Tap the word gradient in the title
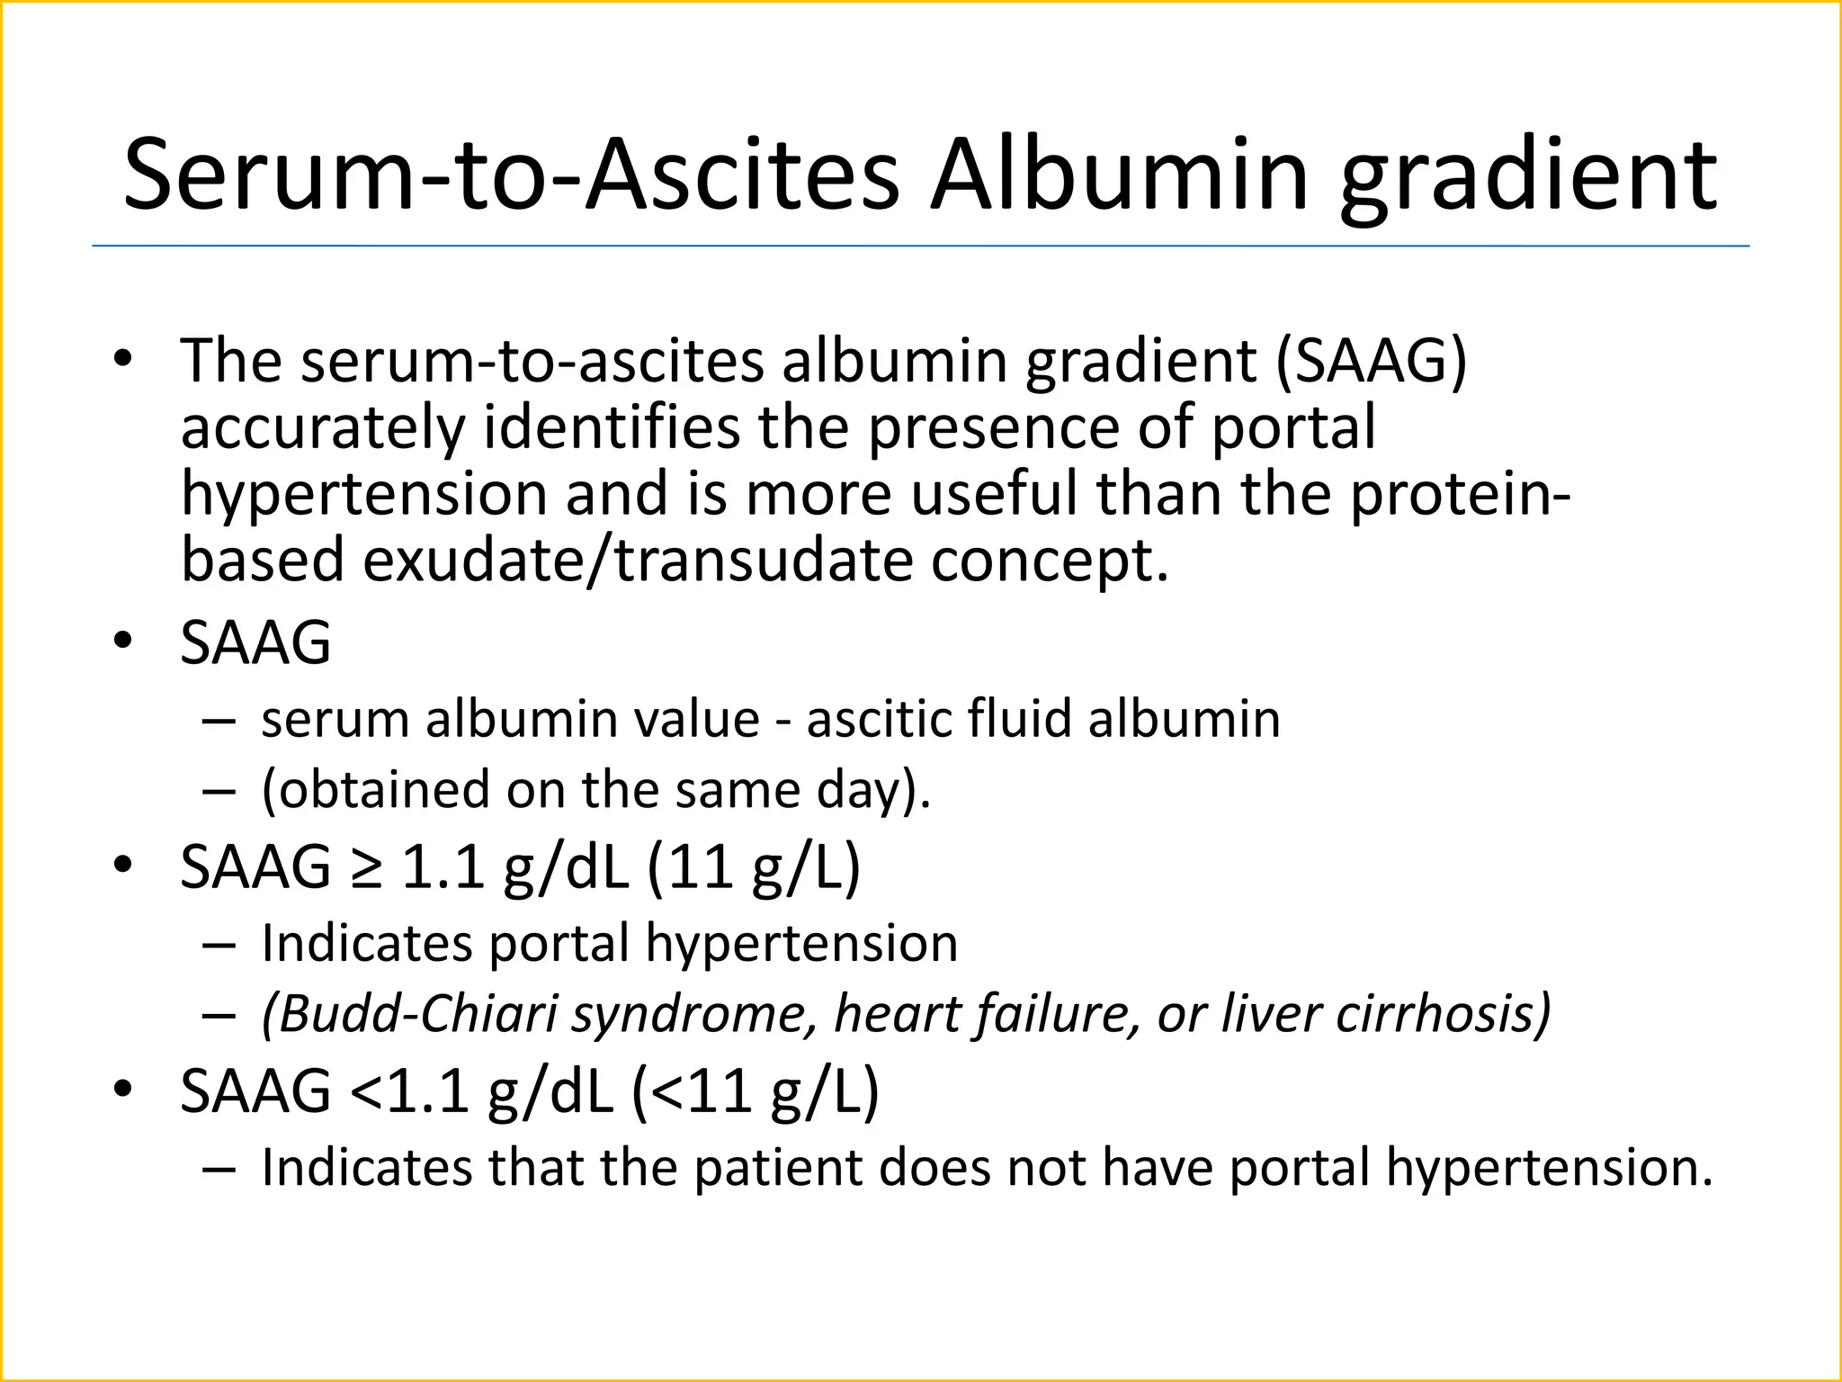tap(1528, 177)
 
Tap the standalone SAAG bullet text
tap(255, 642)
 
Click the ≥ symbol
tap(365, 868)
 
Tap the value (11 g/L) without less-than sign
tap(753, 867)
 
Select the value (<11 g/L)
tap(755, 1091)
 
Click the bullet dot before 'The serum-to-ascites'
tap(123, 360)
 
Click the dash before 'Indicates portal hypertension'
tap(219, 945)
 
